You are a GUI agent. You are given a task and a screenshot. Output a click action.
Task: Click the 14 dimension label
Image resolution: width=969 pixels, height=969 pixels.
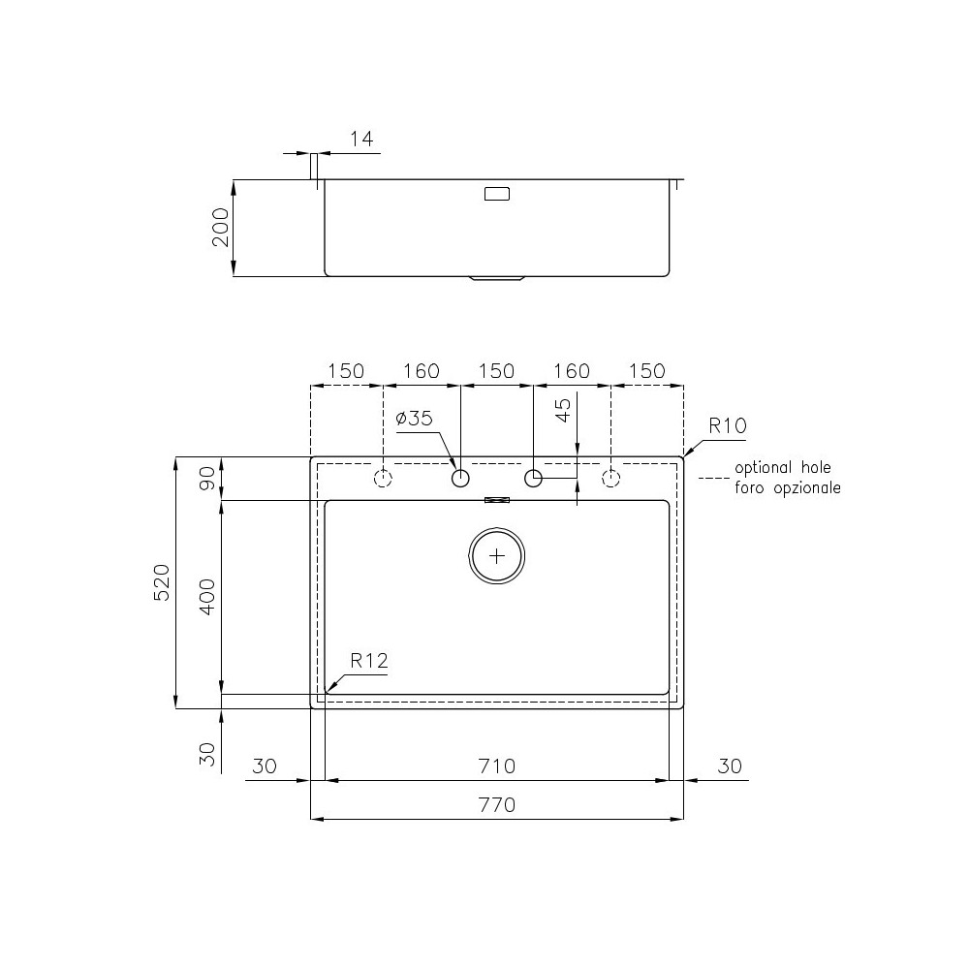(360, 140)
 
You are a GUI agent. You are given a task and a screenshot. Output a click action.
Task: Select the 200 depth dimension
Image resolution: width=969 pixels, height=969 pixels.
(221, 227)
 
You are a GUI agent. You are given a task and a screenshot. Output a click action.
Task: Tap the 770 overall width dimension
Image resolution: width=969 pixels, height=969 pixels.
(496, 804)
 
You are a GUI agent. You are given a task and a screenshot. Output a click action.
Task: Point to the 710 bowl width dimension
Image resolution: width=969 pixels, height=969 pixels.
(496, 766)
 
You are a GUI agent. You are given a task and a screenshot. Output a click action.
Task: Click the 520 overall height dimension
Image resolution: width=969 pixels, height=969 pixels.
(163, 581)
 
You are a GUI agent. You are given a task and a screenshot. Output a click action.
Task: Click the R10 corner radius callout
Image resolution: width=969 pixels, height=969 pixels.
(727, 425)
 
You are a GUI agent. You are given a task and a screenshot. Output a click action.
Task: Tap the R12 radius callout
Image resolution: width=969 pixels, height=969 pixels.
(368, 661)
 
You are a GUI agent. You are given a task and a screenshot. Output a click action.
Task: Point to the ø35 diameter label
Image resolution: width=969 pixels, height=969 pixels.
(414, 419)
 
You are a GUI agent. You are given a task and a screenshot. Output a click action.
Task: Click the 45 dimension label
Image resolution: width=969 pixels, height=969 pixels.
(563, 411)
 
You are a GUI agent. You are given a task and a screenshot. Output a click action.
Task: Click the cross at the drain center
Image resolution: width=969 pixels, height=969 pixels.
(497, 556)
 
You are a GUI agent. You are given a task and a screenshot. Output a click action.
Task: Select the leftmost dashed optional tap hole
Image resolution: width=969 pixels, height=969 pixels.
(384, 479)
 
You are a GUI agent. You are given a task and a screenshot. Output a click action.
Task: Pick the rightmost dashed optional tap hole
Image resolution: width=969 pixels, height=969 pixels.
(610, 479)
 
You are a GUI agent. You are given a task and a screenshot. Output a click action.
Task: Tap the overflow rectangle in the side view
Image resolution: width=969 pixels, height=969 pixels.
(496, 194)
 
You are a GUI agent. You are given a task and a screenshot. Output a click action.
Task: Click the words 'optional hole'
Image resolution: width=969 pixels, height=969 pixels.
(782, 467)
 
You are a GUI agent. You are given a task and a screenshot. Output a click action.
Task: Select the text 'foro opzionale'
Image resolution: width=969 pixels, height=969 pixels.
(787, 488)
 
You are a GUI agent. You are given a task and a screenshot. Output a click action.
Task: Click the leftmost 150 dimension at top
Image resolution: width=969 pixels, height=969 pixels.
(346, 371)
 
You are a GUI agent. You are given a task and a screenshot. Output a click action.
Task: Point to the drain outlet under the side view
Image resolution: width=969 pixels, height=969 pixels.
(497, 279)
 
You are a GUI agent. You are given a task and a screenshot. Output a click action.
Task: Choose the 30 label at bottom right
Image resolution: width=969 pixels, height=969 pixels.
(730, 766)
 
